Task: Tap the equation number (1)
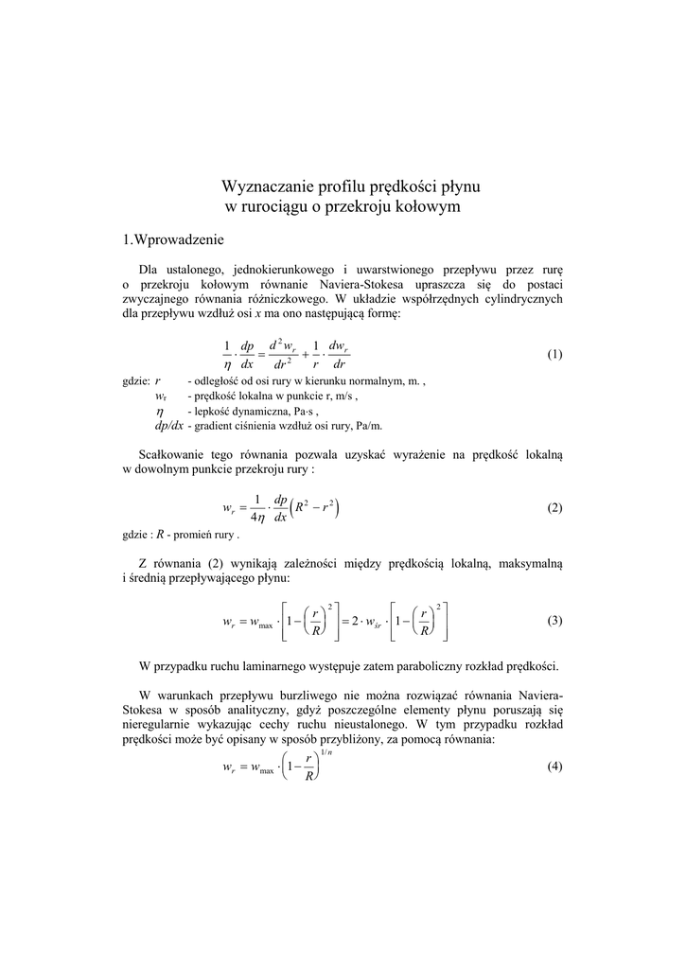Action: (554, 355)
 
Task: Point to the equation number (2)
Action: (554, 508)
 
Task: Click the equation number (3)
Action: (554, 621)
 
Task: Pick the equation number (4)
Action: (554, 766)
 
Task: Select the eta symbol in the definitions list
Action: (160, 413)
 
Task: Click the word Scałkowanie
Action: (172, 455)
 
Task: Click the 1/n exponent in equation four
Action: (326, 752)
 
